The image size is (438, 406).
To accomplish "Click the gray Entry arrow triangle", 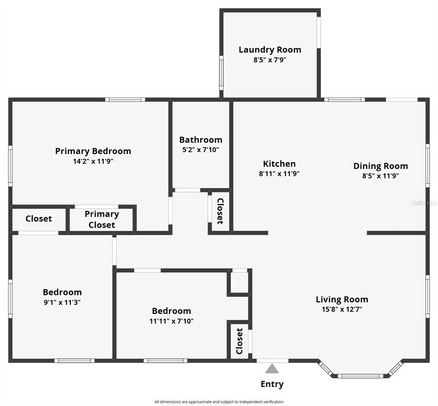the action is tap(272, 368).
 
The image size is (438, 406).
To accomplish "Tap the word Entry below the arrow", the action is tap(272, 384).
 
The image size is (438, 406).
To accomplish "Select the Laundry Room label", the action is tap(270, 50).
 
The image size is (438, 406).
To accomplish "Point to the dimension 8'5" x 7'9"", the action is tap(270, 60).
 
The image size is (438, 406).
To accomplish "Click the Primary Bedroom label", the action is tap(93, 151).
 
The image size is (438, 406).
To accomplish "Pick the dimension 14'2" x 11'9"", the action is tap(93, 161).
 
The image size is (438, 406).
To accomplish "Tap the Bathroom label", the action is tap(201, 140).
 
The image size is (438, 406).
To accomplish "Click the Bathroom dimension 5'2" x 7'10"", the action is tap(201, 150).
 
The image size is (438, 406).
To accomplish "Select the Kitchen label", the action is tap(279, 164).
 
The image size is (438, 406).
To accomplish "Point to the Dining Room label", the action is tap(381, 166).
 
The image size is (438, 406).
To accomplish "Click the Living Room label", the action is tap(342, 299).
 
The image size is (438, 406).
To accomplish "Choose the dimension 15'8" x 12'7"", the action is tap(342, 309).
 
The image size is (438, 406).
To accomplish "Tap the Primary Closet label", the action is tap(102, 220).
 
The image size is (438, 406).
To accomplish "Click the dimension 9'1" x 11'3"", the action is tap(62, 302).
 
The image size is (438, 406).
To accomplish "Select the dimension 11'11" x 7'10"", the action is tap(172, 321).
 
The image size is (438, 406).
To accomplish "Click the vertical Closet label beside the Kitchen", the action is tap(220, 211).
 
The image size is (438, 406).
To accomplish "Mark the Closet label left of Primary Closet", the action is tap(39, 219).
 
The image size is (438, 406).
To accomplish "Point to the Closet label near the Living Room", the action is tap(239, 341).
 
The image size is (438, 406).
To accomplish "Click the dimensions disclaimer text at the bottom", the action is tap(219, 402).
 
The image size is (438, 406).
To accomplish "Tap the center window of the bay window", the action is tap(360, 376).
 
